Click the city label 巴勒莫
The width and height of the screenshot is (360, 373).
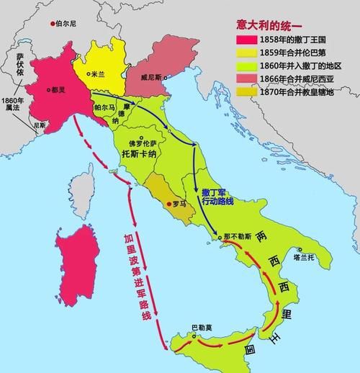201,328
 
